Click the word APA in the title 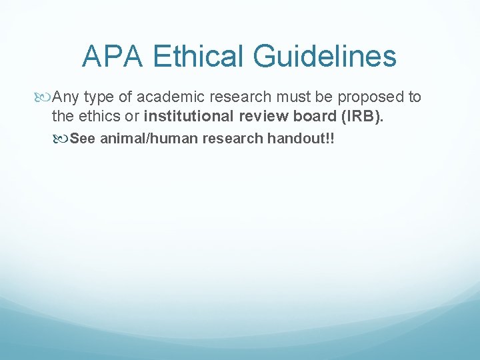[112, 57]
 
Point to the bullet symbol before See [62, 139]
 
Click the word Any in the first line [67, 97]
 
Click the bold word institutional [189, 116]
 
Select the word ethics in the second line [99, 116]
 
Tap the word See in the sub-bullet [83, 139]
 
